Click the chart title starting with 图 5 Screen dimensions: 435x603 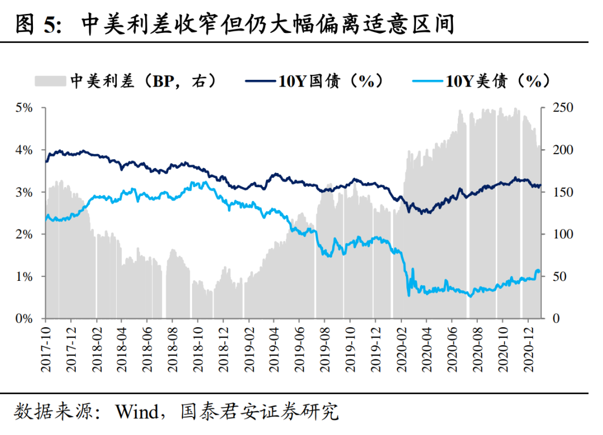(x=234, y=25)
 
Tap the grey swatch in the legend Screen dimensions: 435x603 (x=51, y=82)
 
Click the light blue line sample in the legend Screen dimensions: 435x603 (x=427, y=82)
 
